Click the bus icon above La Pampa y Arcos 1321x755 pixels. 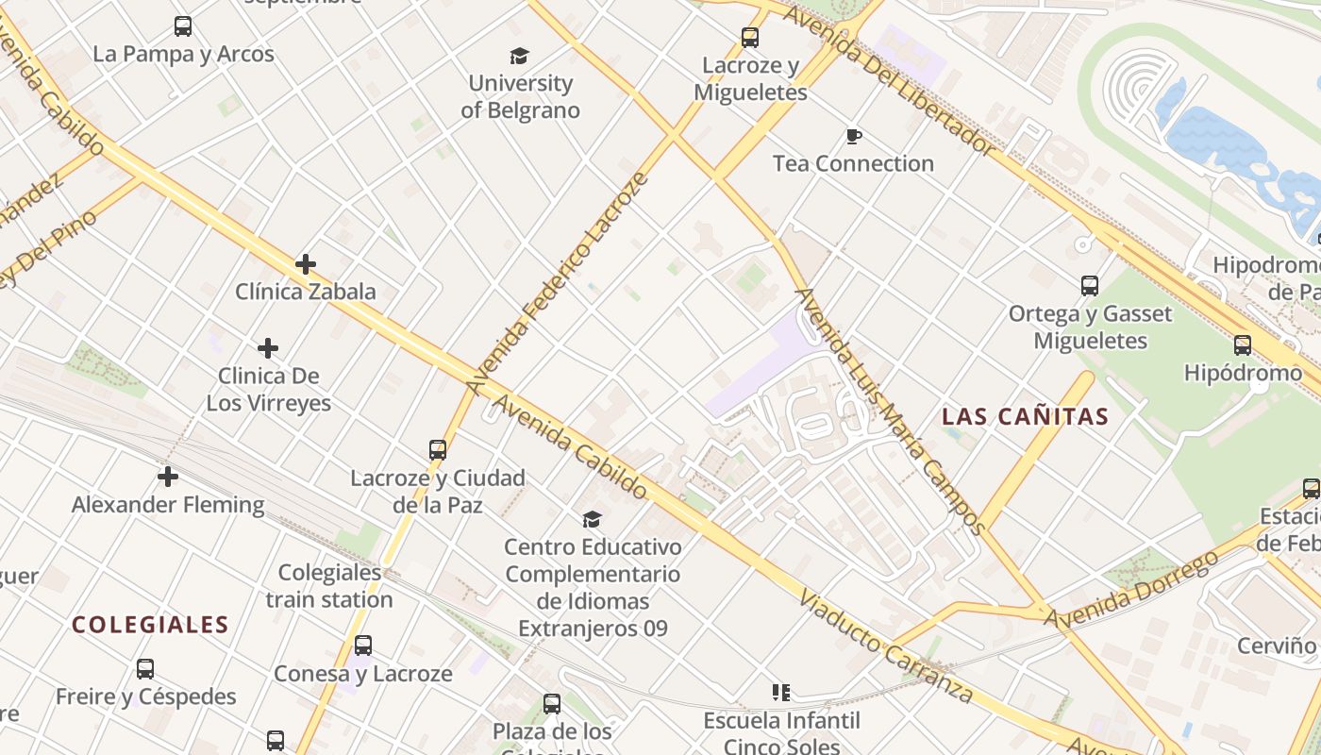click(183, 26)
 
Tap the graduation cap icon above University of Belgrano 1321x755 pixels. click(520, 57)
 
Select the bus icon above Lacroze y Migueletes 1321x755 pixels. click(749, 38)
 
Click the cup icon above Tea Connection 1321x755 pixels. click(853, 137)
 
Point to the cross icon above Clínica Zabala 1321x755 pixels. click(305, 264)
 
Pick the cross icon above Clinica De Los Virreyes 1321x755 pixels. click(268, 348)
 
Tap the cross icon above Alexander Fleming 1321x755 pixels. click(168, 477)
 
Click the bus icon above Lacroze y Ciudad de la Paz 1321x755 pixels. click(438, 450)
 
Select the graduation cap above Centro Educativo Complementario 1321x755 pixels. click(592, 519)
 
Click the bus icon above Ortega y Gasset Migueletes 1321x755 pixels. click(1090, 286)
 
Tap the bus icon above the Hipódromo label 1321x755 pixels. click(1243, 345)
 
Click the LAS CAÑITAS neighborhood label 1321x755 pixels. click(1025, 416)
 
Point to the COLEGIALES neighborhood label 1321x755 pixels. click(150, 625)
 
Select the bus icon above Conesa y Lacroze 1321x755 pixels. click(363, 646)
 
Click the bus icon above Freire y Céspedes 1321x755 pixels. click(145, 669)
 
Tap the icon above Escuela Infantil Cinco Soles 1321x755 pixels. click(780, 693)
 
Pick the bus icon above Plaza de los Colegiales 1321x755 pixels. click(552, 703)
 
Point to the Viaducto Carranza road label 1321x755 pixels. click(885, 648)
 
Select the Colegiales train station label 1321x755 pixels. click(329, 586)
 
